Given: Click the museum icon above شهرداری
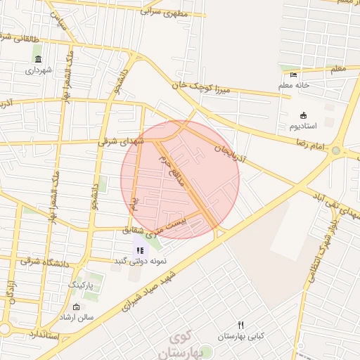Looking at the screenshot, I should click(37, 58).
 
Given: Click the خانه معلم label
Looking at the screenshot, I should click(294, 86).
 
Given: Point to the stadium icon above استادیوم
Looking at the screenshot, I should click(303, 115).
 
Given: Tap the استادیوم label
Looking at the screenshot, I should click(303, 126).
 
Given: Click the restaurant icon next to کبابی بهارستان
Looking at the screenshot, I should click(241, 325).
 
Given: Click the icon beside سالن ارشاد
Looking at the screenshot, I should click(76, 307).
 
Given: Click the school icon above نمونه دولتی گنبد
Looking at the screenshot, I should click(139, 250).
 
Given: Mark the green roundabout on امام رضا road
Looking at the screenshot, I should click(336, 150).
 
